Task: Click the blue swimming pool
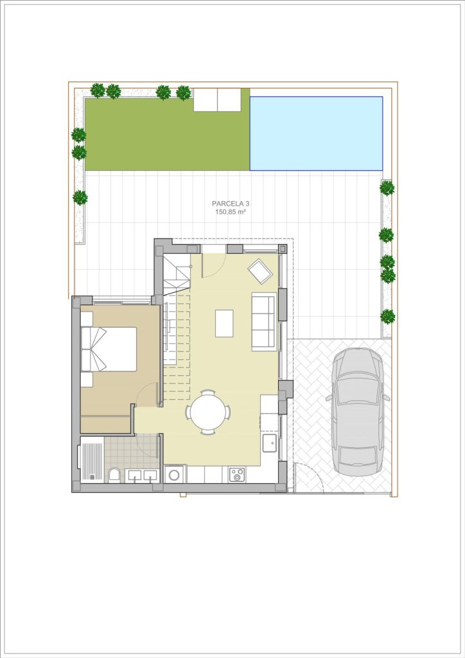316,134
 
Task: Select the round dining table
208,412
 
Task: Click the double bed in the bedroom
109,349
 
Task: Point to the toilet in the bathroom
114,476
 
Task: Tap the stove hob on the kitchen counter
238,475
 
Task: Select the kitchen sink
270,443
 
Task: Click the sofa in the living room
264,321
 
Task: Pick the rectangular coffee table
224,323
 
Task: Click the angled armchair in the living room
260,271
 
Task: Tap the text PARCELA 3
231,204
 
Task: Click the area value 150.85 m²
230,212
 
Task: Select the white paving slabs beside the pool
217,100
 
